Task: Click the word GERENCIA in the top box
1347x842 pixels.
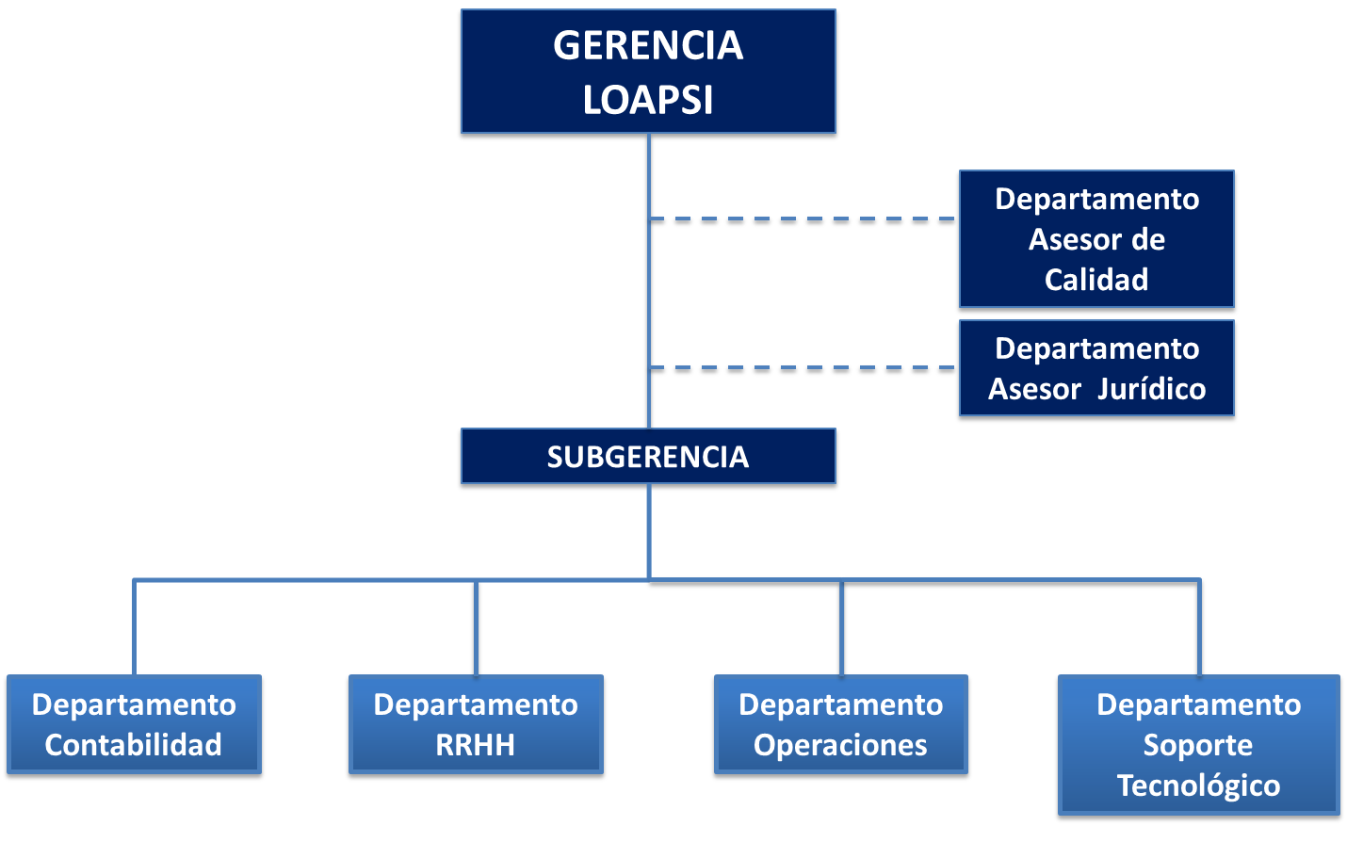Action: (648, 45)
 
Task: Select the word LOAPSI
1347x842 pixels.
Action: (648, 100)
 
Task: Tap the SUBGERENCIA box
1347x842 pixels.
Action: (648, 457)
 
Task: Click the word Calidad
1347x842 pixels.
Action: (1096, 280)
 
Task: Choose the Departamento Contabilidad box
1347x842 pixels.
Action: (134, 724)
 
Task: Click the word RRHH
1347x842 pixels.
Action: (476, 745)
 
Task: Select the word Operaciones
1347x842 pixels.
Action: (840, 745)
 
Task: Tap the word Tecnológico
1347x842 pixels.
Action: (1198, 785)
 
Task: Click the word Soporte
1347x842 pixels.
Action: (1198, 745)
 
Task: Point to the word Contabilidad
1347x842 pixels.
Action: (134, 745)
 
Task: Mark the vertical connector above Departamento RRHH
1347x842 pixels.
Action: (476, 627)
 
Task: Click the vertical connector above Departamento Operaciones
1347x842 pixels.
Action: (841, 627)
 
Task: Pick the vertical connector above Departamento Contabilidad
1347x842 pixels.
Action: (135, 627)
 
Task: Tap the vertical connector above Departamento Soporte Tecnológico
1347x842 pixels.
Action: (1199, 627)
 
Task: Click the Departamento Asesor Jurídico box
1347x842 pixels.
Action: (1096, 368)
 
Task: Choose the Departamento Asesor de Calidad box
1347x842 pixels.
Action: (1096, 239)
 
